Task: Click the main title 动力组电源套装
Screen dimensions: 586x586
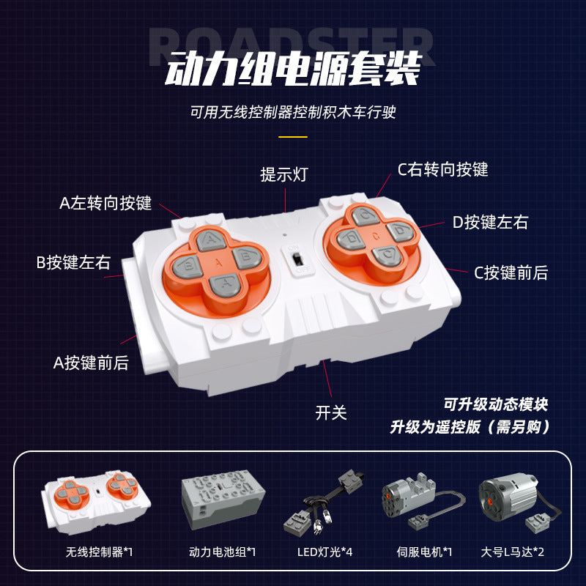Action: coord(293,68)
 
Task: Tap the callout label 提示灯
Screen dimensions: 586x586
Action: coord(284,174)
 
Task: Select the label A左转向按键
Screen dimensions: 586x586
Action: coord(105,203)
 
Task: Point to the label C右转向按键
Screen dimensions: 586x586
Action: coord(443,169)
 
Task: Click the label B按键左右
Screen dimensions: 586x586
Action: coord(73,262)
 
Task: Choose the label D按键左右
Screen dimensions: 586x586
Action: coord(490,222)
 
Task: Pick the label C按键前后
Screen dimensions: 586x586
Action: coord(511,272)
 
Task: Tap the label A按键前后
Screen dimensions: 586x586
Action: coord(91,363)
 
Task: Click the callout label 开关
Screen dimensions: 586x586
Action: coord(331,413)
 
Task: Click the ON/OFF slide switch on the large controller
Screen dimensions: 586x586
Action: coord(297,259)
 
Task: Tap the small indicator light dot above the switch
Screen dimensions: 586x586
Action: coord(285,235)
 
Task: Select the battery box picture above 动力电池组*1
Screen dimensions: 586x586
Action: coord(223,499)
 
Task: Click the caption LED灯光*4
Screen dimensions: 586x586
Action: coord(324,552)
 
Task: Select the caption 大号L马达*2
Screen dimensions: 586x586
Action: coord(512,552)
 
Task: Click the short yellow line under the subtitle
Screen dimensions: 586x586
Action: coord(293,137)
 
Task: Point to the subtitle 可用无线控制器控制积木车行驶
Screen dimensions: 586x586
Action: coord(293,112)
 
